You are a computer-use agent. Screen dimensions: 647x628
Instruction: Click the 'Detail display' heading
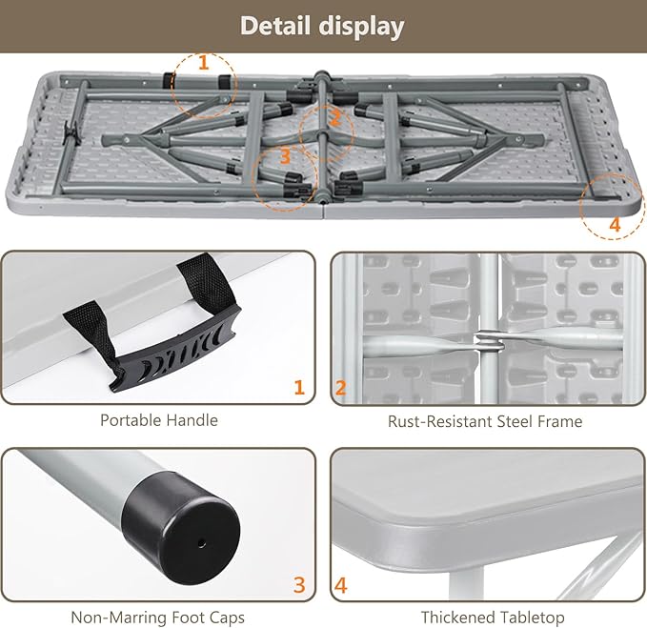322,26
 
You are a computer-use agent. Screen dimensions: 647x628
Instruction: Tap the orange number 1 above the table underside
203,63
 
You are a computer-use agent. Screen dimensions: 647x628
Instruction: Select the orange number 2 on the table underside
335,118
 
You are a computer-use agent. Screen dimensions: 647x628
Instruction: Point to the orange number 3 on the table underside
285,157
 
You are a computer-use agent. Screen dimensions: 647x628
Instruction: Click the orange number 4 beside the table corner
615,225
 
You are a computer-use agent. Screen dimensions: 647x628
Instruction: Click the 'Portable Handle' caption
159,420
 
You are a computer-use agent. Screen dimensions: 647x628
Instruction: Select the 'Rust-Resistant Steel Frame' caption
485,421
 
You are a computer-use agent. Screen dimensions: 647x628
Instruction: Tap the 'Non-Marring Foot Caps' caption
157,618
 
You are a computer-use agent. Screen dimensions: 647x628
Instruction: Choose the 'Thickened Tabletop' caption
493,618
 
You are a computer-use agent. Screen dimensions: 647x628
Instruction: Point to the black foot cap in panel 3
182,530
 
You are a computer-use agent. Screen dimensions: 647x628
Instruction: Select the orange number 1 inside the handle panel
299,388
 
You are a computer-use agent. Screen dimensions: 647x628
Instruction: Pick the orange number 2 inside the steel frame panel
340,388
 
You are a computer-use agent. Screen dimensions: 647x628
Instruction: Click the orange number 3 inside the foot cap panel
299,585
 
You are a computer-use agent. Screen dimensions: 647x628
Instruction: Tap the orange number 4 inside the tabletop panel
341,585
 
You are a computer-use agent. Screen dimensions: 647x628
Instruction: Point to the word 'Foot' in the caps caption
188,618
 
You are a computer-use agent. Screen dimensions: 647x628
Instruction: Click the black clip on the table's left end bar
71,133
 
